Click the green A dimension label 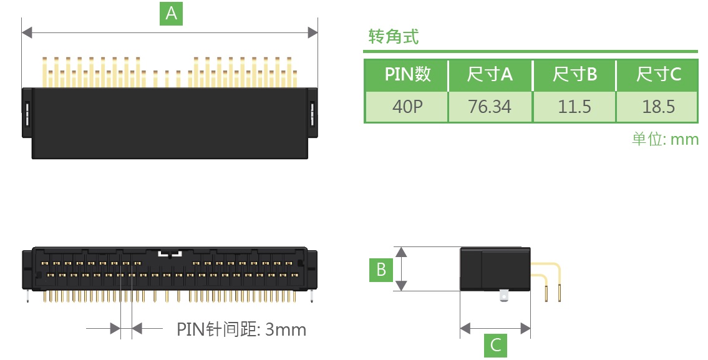pyautogui.click(x=172, y=13)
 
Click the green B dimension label pyautogui.click(x=381, y=270)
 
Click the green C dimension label pyautogui.click(x=495, y=345)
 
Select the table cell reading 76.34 pyautogui.click(x=490, y=107)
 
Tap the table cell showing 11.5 pyautogui.click(x=574, y=107)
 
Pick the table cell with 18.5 pyautogui.click(x=658, y=107)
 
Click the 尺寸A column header pyautogui.click(x=490, y=75)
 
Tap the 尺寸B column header pyautogui.click(x=574, y=75)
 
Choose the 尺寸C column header pyautogui.click(x=658, y=75)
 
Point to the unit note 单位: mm pyautogui.click(x=665, y=139)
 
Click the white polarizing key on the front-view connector pyautogui.click(x=169, y=254)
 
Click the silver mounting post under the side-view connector pyautogui.click(x=504, y=296)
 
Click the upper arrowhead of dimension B pyautogui.click(x=402, y=251)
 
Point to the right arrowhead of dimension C pyautogui.click(x=526, y=328)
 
